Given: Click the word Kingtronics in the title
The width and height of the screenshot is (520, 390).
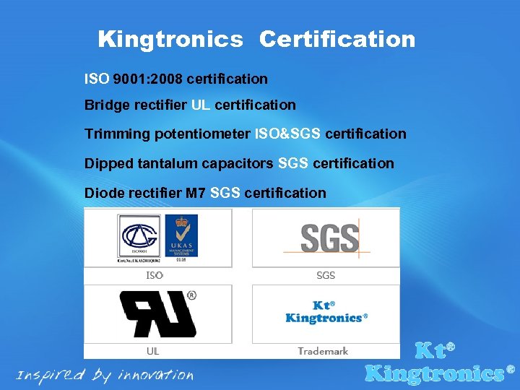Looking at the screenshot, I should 170,39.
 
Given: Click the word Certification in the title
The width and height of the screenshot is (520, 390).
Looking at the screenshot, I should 337,39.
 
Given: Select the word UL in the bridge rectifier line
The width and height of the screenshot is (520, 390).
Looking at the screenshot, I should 201,105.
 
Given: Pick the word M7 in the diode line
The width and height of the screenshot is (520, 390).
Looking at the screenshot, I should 196,193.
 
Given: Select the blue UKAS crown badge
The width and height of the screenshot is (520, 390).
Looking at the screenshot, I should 181,235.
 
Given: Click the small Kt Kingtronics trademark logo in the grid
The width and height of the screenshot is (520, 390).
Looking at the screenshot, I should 326,313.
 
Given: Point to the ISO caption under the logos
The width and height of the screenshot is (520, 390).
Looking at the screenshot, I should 155,275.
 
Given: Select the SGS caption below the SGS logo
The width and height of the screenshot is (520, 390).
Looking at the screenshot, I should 326,275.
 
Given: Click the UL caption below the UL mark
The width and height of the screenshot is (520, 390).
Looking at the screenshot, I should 153,351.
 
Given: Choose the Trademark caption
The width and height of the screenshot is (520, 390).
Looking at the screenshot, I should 323,351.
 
